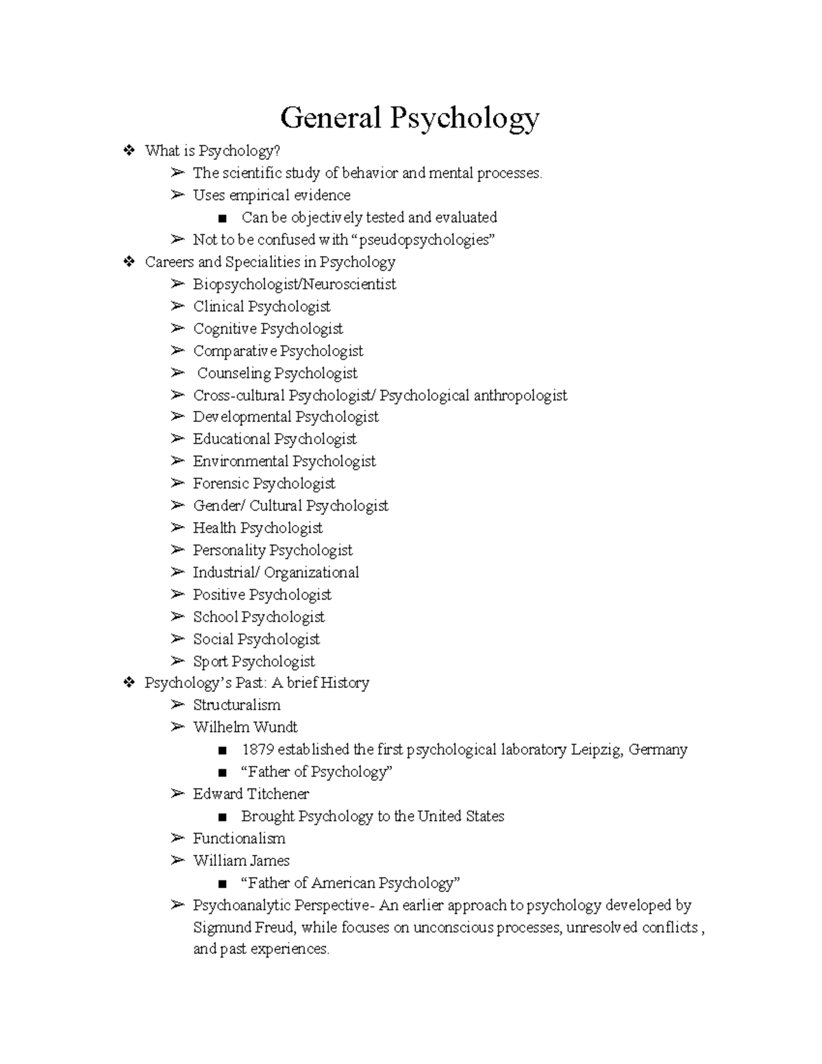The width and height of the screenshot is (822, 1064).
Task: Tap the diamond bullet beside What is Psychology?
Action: pyautogui.click(x=128, y=151)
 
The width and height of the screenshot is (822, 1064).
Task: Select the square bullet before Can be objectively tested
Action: pyautogui.click(x=221, y=219)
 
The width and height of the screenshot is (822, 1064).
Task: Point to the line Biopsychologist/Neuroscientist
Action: pyautogui.click(x=294, y=284)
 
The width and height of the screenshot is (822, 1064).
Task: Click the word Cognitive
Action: pyautogui.click(x=224, y=329)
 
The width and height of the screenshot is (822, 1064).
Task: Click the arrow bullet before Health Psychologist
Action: pyautogui.click(x=178, y=528)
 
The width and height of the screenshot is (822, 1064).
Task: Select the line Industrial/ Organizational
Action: pyautogui.click(x=275, y=573)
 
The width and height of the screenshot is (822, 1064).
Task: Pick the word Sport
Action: pyautogui.click(x=210, y=662)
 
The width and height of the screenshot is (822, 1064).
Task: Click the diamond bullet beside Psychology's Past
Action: pyautogui.click(x=128, y=682)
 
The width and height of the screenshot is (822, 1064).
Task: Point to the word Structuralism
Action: pyautogui.click(x=236, y=705)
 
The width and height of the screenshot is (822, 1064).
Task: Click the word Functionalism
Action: pyautogui.click(x=238, y=839)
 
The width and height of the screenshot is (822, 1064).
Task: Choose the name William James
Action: pyautogui.click(x=241, y=861)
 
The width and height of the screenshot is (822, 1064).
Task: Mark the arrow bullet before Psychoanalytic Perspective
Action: pyautogui.click(x=178, y=905)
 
